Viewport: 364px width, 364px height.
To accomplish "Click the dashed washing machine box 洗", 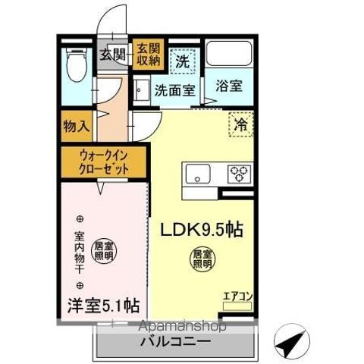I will [183, 58].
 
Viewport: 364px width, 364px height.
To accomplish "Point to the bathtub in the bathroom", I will [228, 55].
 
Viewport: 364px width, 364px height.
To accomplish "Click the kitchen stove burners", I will [240, 174].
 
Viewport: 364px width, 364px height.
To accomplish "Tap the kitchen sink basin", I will [197, 174].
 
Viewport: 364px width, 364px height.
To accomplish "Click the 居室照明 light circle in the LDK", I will [201, 260].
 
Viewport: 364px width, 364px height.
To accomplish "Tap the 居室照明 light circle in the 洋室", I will [102, 249].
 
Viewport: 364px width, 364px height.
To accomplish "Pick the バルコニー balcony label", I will [174, 341].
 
